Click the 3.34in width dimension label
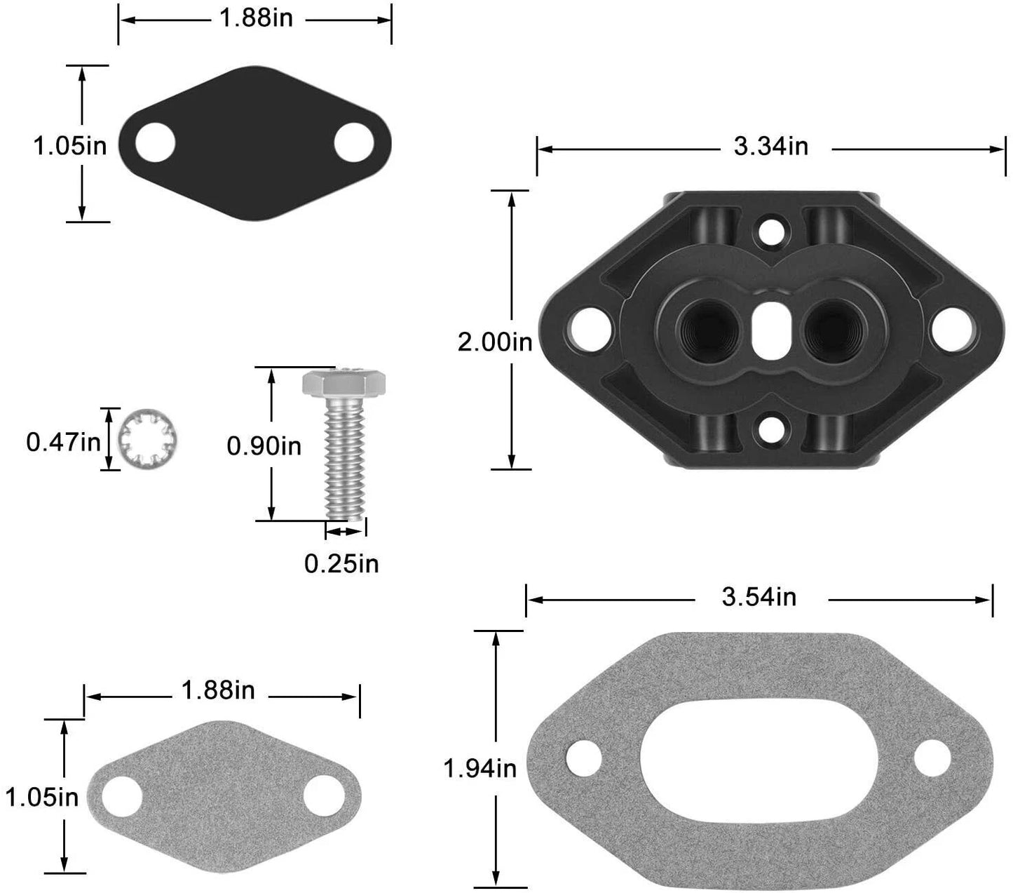coord(770,147)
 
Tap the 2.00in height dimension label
coord(495,343)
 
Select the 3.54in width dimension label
coord(759,597)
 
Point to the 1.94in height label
coord(480,769)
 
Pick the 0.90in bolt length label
coord(264,445)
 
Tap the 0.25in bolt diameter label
coord(341,563)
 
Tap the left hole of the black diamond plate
coord(155,143)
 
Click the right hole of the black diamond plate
coord(354,142)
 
